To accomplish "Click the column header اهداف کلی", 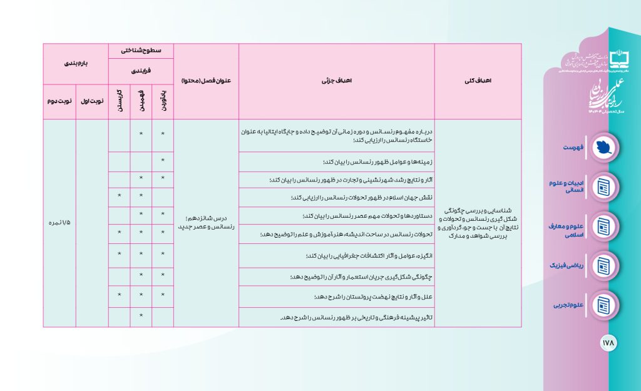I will click(x=479, y=81).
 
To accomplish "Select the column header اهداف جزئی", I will click(x=336, y=81).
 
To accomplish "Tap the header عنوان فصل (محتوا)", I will click(x=206, y=81).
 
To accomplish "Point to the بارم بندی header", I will click(x=75, y=64).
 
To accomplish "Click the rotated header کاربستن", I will click(x=119, y=101).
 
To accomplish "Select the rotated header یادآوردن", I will click(x=162, y=101).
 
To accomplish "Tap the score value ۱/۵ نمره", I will click(x=59, y=223).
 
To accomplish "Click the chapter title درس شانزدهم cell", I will click(x=206, y=223).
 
